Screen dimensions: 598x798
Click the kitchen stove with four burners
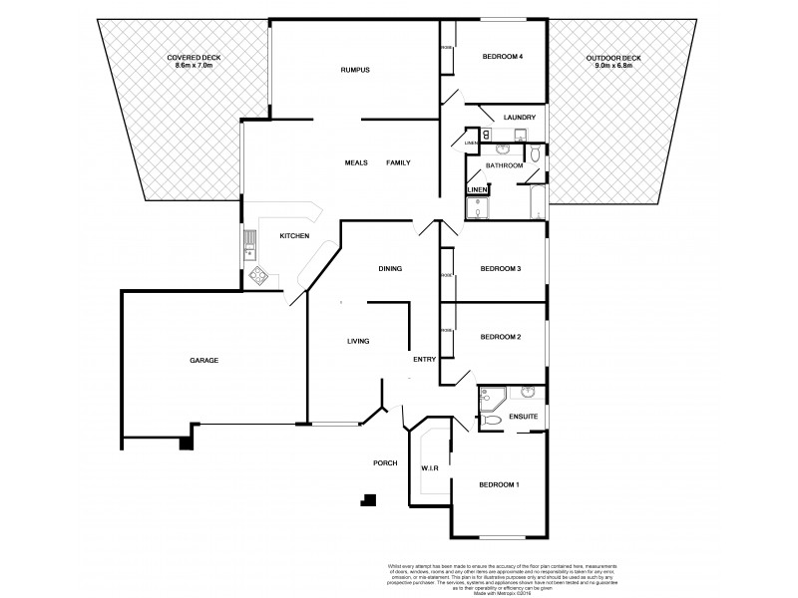pyautogui.click(x=258, y=276)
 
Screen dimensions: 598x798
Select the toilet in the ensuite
pyautogui.click(x=492, y=422)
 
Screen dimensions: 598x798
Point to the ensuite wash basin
pyautogui.click(x=529, y=391)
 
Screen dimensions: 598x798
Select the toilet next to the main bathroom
pyautogui.click(x=536, y=152)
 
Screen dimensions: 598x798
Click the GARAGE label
pyautogui.click(x=203, y=360)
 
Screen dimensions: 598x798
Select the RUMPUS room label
pyautogui.click(x=354, y=70)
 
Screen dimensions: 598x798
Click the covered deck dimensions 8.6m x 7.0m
pyautogui.click(x=194, y=64)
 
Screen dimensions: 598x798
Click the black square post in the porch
pyautogui.click(x=370, y=501)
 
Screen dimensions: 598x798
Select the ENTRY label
pyautogui.click(x=425, y=360)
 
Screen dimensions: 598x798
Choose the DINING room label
pyautogui.click(x=390, y=268)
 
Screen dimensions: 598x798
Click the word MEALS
pyautogui.click(x=356, y=162)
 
